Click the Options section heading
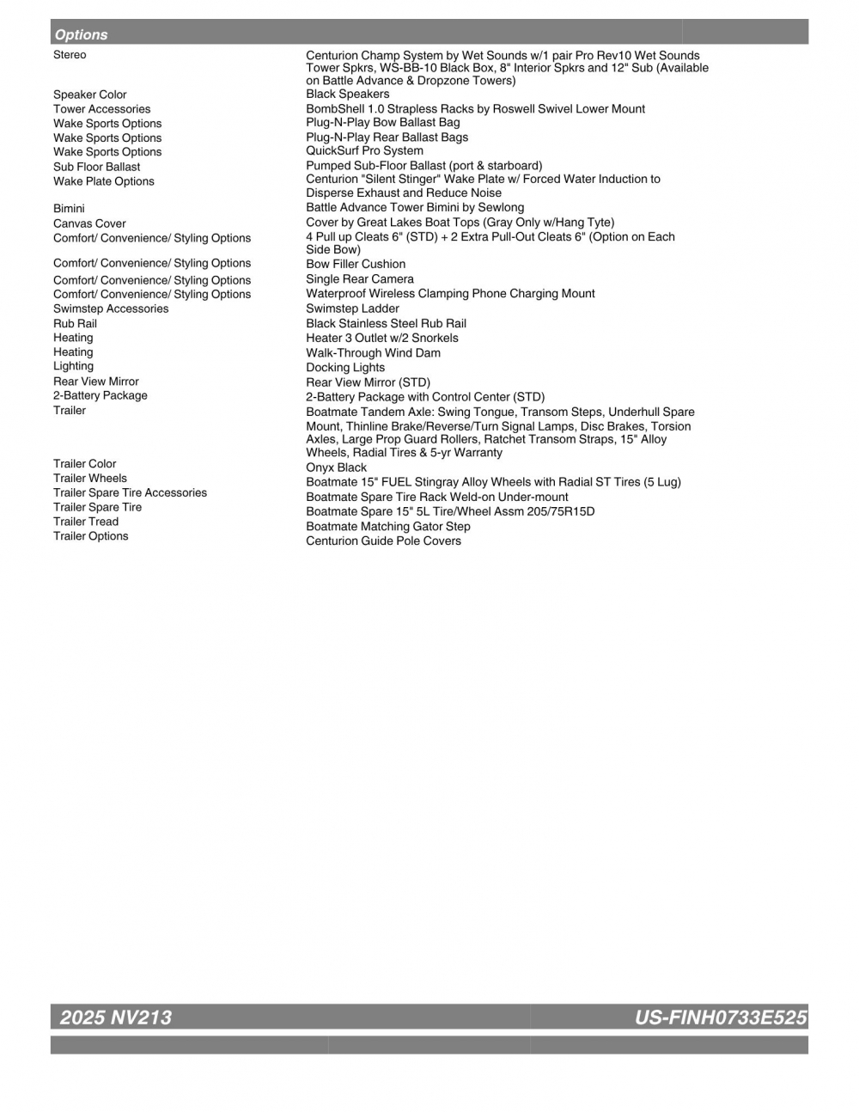tap(82, 34)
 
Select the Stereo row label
tap(70, 55)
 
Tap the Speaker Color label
tap(89, 95)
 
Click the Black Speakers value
tap(347, 94)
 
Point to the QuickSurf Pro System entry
tap(364, 150)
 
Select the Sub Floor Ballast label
tap(96, 167)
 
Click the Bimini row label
tap(69, 208)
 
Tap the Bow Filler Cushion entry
tap(356, 264)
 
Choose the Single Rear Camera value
tap(360, 279)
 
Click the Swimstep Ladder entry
tap(352, 309)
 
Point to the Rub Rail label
tap(75, 324)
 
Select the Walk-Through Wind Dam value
tap(373, 352)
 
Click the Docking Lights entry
tap(345, 367)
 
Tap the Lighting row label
tap(73, 366)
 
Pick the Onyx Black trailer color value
tap(336, 467)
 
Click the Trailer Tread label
tap(86, 522)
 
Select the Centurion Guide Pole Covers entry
tap(383, 541)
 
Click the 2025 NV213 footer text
tap(116, 1017)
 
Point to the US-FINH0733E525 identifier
tap(720, 1017)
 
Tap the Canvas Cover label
tap(89, 223)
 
